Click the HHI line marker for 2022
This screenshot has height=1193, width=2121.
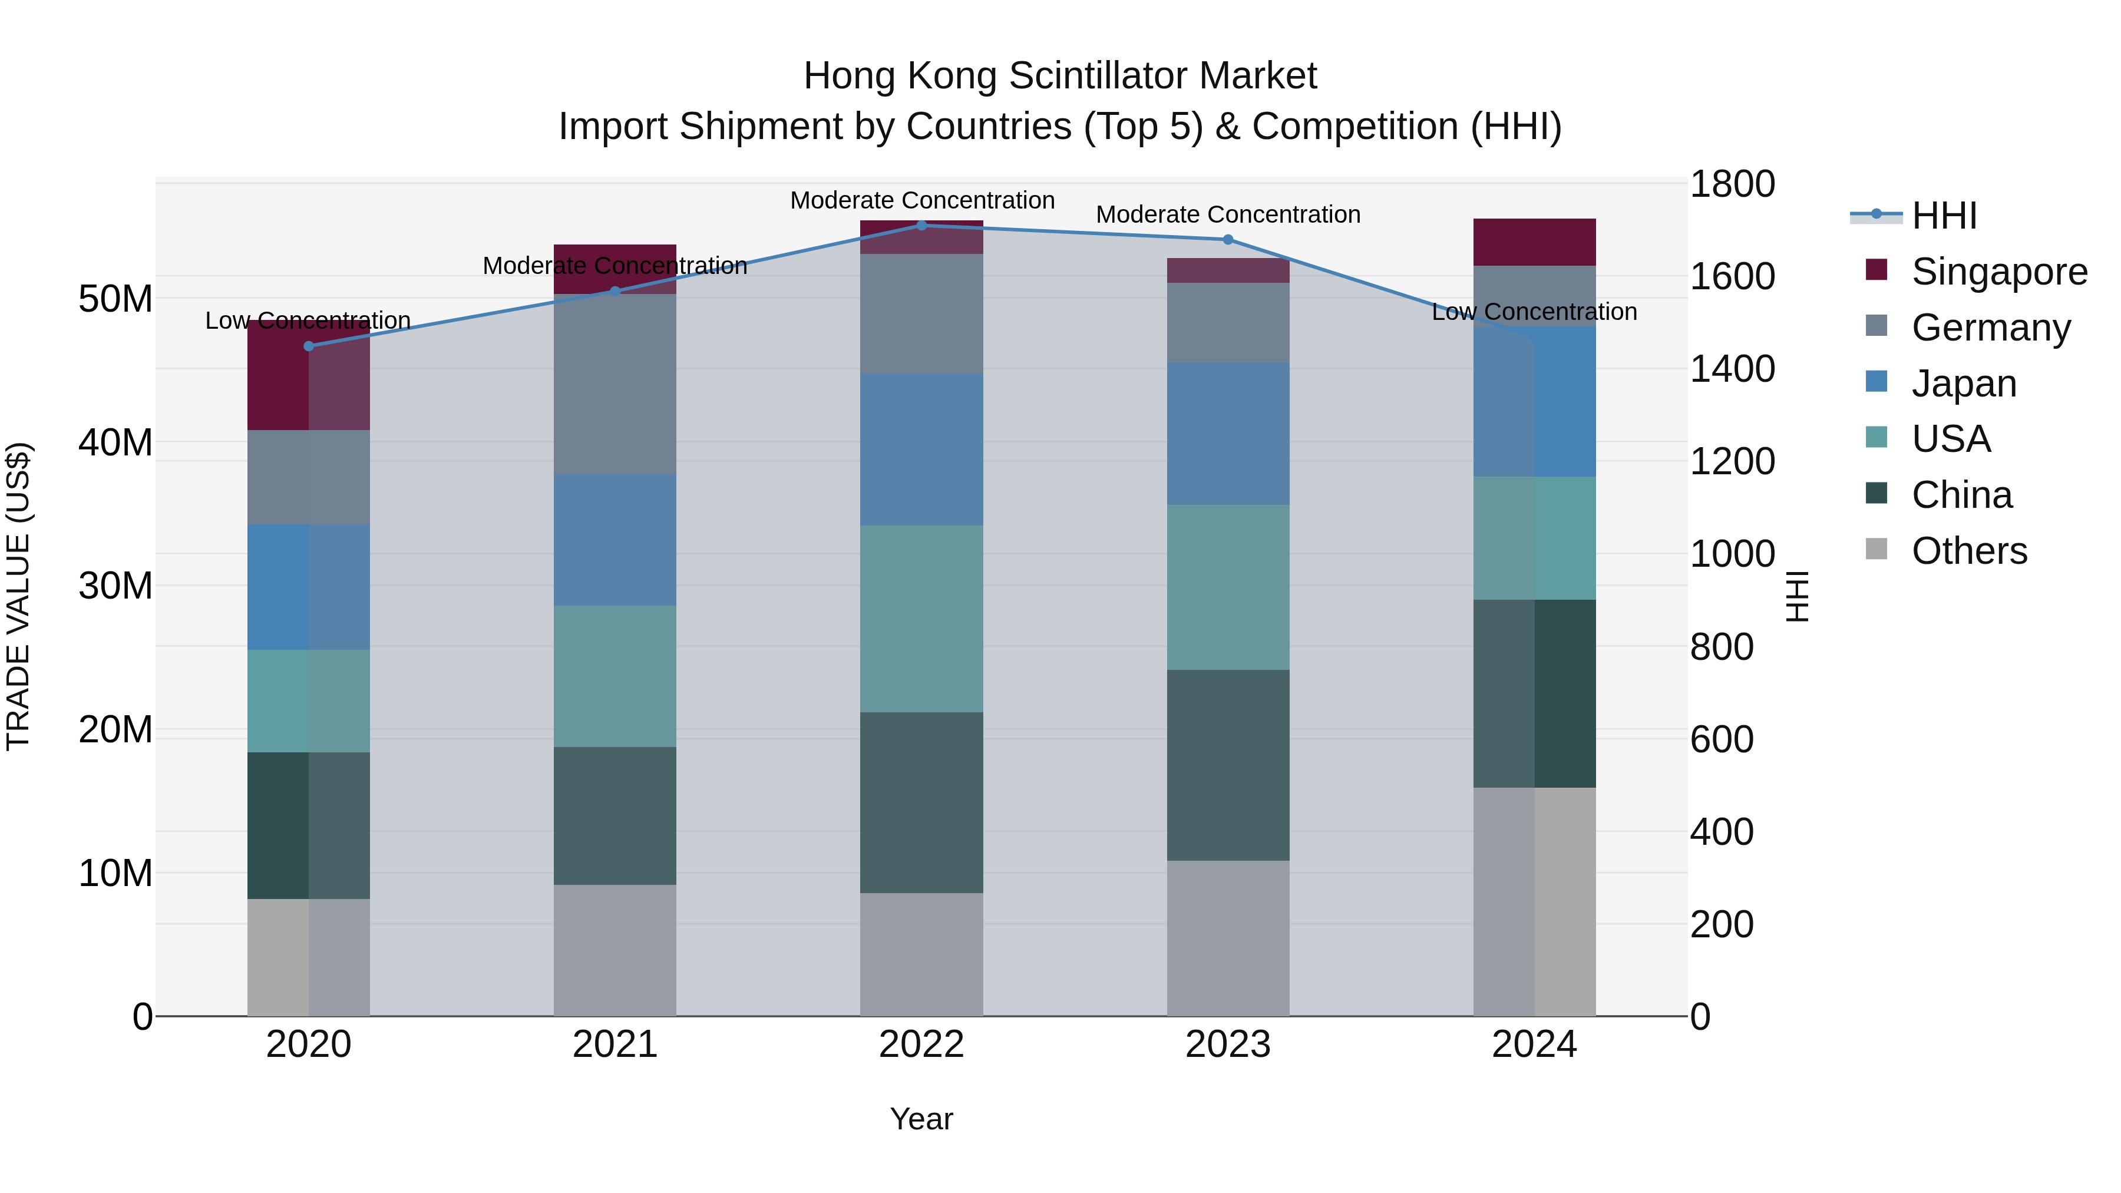921,226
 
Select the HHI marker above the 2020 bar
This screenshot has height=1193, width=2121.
309,346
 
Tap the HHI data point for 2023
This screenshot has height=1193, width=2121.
1228,240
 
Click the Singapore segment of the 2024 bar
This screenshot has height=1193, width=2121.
1534,242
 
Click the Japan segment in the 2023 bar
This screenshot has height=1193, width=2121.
1228,433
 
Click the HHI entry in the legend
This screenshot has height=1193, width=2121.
1943,216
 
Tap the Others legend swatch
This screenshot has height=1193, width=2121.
1876,549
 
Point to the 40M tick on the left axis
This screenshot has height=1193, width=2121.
115,443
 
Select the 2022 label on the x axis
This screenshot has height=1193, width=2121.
921,1045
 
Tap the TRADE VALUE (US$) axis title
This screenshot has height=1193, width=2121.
18,596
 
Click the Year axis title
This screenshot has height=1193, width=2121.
921,1119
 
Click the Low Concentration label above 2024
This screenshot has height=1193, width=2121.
1534,312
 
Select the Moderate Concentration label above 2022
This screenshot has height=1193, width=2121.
922,200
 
